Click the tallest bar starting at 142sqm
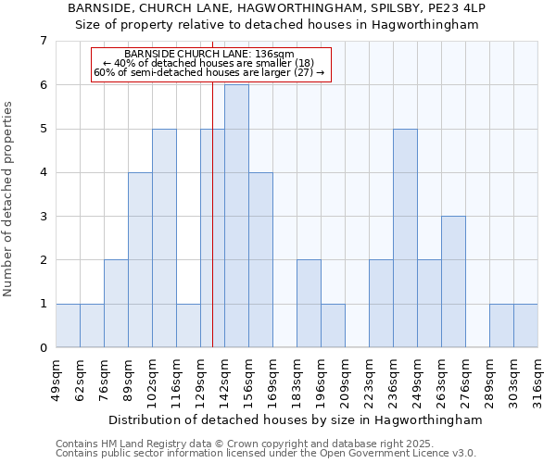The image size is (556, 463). point(236,216)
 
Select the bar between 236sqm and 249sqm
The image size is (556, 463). point(405,238)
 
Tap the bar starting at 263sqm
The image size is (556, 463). point(453,282)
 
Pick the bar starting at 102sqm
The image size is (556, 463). point(164,238)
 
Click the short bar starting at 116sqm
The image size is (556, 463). point(188,325)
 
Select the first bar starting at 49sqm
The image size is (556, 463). point(68,325)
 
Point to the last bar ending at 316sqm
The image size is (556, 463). point(525,325)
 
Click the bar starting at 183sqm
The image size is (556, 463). point(309,304)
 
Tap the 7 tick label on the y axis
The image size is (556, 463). point(43,41)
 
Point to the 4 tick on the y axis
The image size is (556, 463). point(43,172)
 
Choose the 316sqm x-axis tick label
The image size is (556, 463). point(537,379)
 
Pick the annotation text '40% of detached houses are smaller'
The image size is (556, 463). point(208,63)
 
